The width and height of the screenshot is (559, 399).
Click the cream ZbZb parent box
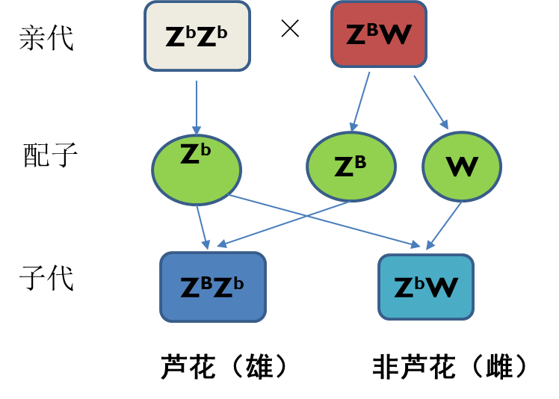(197, 36)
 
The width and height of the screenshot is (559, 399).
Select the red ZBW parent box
(379, 34)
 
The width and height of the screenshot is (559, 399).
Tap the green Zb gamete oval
(197, 170)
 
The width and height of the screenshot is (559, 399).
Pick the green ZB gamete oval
(351, 167)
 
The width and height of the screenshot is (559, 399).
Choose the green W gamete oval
(462, 167)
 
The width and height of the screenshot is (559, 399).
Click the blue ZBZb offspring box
(213, 287)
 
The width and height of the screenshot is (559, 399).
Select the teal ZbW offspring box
(426, 287)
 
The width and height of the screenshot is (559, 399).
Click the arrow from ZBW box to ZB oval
(360, 102)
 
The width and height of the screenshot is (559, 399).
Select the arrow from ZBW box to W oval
(430, 102)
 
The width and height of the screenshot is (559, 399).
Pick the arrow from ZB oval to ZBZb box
(284, 223)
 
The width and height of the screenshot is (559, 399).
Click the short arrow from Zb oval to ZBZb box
(203, 228)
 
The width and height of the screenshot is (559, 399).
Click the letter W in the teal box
(442, 288)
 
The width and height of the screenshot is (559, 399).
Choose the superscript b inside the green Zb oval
(206, 149)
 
